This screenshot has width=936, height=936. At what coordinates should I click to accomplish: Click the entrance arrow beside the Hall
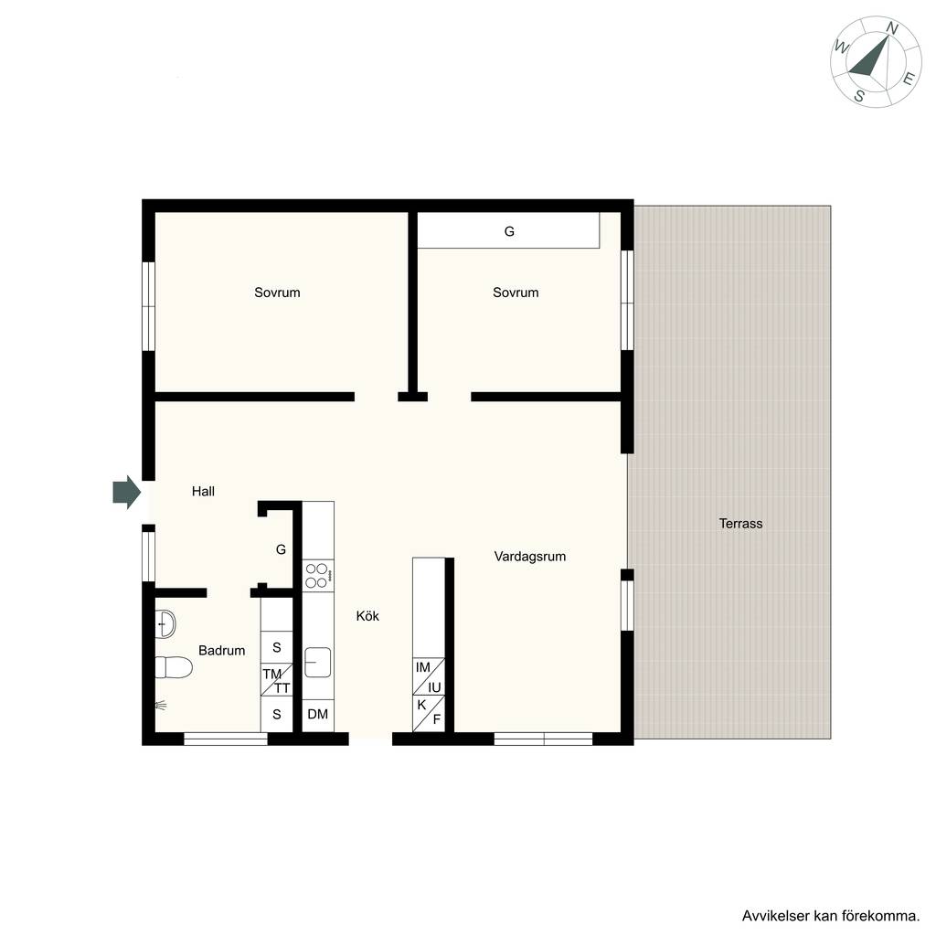126,493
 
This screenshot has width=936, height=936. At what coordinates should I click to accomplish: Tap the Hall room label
203,491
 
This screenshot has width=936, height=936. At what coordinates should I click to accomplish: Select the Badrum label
221,651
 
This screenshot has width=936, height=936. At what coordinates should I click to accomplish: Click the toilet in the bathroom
173,667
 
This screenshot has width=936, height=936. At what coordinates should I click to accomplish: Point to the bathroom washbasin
165,623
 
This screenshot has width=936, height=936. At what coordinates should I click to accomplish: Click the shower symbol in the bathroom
161,706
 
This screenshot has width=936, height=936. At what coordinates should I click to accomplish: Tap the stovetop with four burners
317,576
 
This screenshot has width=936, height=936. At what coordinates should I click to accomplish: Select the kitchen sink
317,662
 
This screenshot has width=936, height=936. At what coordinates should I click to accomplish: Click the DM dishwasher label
317,714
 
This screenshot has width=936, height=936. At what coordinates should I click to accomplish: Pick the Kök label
367,616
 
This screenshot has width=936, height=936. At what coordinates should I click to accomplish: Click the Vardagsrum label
529,557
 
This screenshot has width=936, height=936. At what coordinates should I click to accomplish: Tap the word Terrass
740,524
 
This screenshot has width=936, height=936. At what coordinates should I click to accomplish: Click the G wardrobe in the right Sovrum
508,230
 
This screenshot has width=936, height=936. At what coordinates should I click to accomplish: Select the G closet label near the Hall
281,549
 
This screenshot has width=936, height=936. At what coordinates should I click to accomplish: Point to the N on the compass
892,28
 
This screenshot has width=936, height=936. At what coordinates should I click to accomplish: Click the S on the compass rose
859,95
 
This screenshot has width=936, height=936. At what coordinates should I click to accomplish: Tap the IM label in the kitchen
422,667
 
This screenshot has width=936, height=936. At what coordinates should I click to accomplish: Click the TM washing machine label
271,674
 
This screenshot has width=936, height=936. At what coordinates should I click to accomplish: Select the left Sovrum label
277,292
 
